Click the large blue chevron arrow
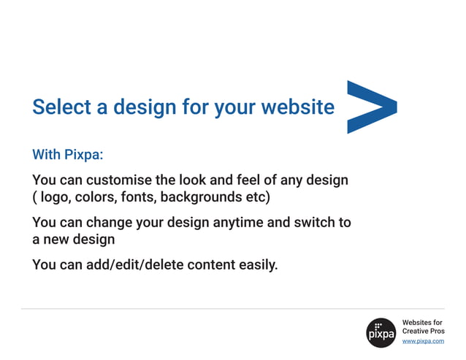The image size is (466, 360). tap(369, 107)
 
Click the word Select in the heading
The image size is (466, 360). tap(61, 107)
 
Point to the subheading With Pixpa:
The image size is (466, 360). tap(69, 155)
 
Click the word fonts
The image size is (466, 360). tap(137, 197)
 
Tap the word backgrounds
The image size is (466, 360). tap(204, 197)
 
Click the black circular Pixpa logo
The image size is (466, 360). tap(381, 332)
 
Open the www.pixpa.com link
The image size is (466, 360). tap(423, 341)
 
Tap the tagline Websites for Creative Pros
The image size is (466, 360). tap(423, 326)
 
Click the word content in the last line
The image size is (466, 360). tap(212, 264)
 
